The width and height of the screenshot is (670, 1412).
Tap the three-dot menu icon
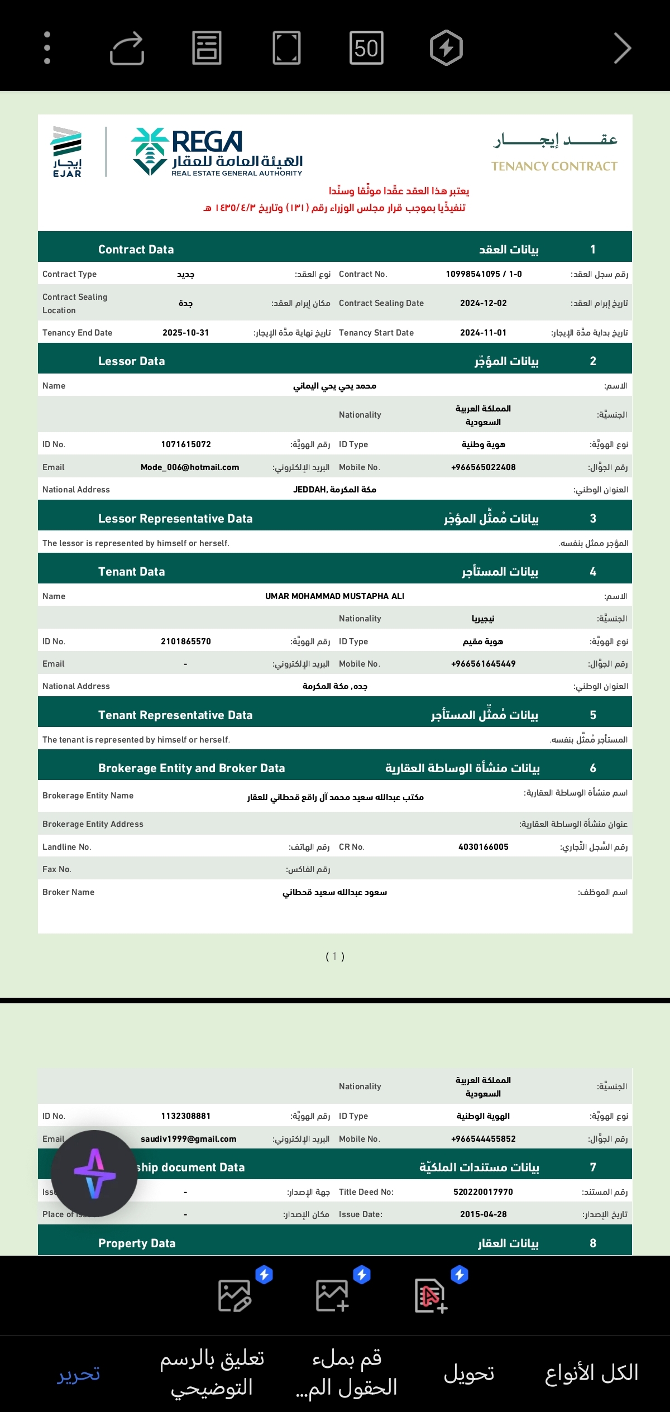47,48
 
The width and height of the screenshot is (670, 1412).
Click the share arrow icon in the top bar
127,48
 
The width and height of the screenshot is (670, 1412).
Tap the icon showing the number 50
366,48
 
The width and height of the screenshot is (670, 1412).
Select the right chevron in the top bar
622,48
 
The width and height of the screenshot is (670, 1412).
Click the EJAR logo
67,152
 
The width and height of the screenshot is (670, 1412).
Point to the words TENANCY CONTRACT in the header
554,166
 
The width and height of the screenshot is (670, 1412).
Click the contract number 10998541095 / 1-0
484,274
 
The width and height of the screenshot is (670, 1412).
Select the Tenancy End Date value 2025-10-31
185,333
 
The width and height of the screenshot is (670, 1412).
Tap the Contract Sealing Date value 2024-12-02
484,303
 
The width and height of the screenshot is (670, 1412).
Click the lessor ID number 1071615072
186,444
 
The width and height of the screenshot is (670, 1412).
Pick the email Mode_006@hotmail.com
190,467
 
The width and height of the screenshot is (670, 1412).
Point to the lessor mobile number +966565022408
484,467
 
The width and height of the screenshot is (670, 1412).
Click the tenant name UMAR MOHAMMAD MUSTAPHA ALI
334,596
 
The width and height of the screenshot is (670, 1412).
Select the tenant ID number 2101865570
186,642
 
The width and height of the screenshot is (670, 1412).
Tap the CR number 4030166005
484,847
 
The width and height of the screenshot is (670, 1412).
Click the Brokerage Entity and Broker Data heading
192,768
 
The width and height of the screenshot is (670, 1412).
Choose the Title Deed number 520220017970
484,1192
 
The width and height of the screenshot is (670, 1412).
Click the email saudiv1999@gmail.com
189,1139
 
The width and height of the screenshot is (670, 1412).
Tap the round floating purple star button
94,1174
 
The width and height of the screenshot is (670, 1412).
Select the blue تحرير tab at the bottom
79,1373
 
